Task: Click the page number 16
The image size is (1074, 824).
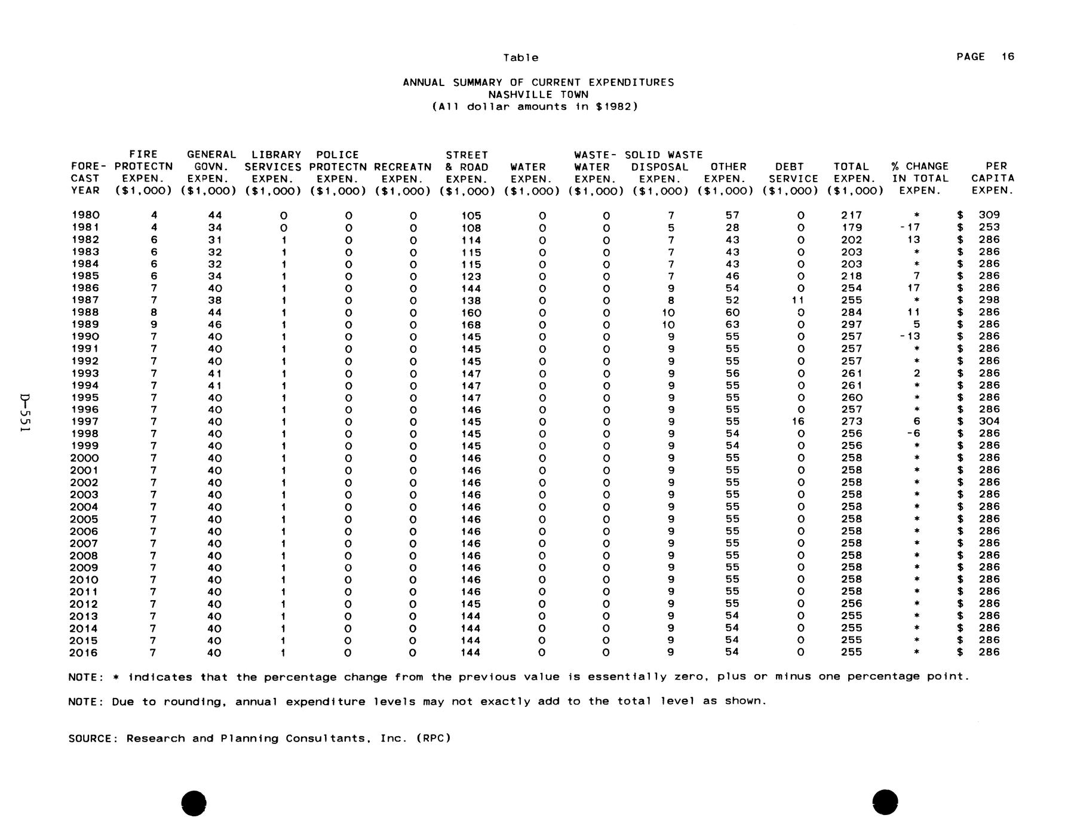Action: tap(1008, 57)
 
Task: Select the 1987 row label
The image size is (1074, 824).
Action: tap(85, 300)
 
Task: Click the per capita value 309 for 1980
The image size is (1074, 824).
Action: tap(989, 215)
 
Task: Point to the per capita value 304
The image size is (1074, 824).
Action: tap(989, 422)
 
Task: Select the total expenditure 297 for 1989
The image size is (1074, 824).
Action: tap(851, 324)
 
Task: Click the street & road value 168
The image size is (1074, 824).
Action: tap(471, 324)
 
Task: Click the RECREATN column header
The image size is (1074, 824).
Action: tap(403, 167)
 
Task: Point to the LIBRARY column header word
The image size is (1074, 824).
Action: tap(276, 155)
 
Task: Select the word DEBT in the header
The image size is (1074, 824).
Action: tap(789, 167)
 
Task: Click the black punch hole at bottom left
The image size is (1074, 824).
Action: tap(194, 802)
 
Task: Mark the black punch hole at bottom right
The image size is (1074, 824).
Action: tap(885, 801)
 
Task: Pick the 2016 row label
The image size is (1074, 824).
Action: tap(84, 653)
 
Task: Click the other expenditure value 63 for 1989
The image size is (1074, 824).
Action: tap(732, 324)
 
